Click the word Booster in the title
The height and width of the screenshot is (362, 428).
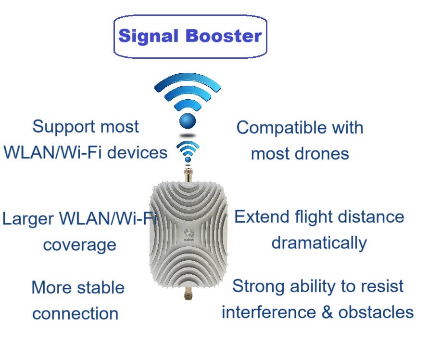click(x=224, y=36)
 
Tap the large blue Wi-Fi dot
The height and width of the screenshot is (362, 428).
click(x=188, y=121)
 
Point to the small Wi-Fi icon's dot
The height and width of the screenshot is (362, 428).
click(x=188, y=159)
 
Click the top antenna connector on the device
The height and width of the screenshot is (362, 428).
click(x=188, y=175)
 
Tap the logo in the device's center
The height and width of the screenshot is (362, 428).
click(x=189, y=235)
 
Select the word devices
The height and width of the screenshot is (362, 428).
click(x=138, y=152)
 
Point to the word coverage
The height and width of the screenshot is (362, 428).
click(x=80, y=245)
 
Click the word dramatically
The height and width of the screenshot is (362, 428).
click(x=319, y=243)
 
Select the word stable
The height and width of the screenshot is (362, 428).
click(x=101, y=288)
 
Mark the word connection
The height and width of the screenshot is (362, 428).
click(x=76, y=314)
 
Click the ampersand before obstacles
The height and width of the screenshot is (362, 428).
click(x=327, y=312)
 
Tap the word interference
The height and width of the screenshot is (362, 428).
click(x=269, y=312)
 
